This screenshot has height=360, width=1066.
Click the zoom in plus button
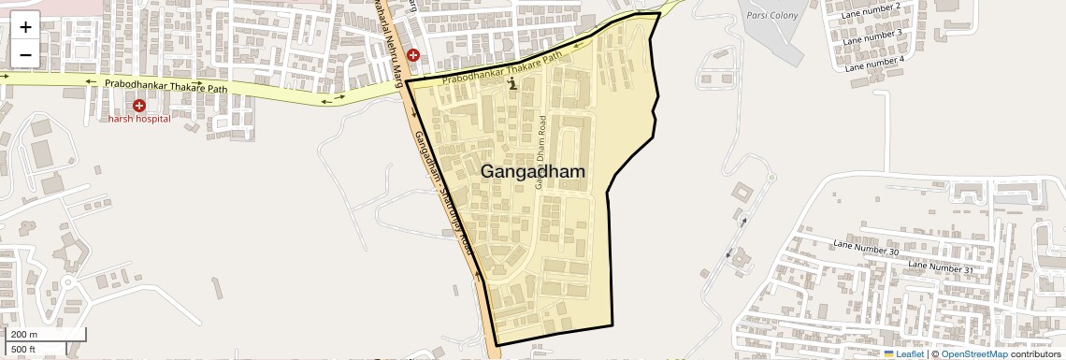[x=25, y=27]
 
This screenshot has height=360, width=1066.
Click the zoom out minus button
[x=25, y=54]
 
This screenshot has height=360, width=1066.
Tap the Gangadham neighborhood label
[x=533, y=172]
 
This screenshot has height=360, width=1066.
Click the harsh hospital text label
[x=138, y=119]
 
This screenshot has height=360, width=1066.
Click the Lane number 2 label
[x=871, y=15]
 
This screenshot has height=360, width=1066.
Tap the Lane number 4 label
[x=874, y=64]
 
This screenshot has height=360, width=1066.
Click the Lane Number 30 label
[x=865, y=248]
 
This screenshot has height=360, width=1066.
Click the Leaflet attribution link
[x=903, y=353]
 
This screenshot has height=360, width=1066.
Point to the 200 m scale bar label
[x=24, y=335]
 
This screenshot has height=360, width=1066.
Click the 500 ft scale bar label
[x=23, y=349]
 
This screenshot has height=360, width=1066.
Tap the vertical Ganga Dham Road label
[x=540, y=153]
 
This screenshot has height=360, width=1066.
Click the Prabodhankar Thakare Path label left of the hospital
[x=166, y=86]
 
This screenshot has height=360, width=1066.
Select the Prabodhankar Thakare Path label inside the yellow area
[x=502, y=68]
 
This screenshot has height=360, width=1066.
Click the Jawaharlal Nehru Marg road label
[x=398, y=37]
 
